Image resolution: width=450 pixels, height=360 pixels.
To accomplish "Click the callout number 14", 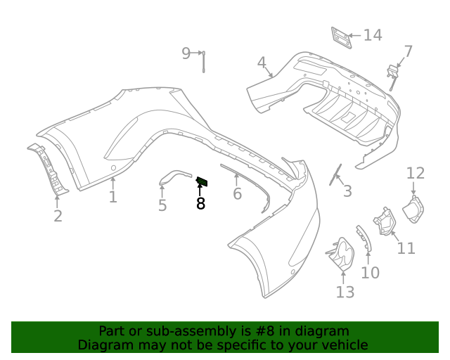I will click(373, 35).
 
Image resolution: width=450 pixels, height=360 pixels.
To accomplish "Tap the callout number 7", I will click(408, 51).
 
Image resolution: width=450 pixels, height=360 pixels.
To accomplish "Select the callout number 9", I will click(186, 53).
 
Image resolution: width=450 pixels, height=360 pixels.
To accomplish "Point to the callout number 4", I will click(262, 63).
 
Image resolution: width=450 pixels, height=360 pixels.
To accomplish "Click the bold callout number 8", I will click(200, 204).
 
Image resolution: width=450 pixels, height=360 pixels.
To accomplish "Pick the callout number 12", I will click(416, 173).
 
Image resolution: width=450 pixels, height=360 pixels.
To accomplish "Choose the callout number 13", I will click(345, 292).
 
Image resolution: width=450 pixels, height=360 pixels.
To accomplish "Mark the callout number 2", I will click(58, 216).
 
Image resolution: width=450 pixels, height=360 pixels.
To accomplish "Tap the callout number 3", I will click(347, 191).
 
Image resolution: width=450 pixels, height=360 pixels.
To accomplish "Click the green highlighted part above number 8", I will click(202, 182).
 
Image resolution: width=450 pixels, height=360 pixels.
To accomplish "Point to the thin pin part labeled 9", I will click(203, 62).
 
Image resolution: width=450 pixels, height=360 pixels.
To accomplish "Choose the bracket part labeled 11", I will click(384, 221).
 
